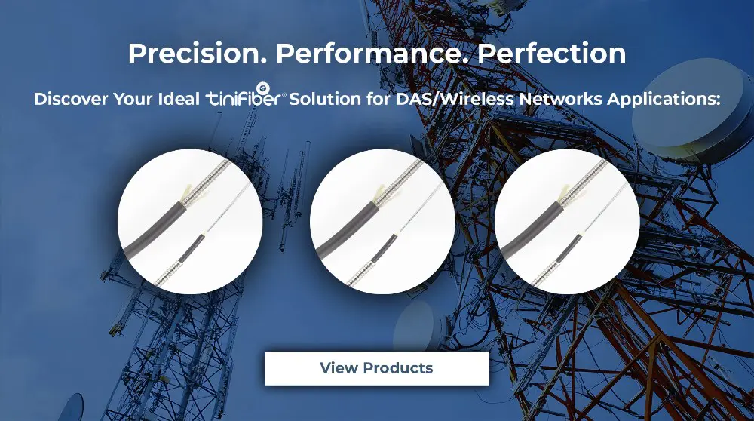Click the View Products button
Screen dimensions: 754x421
click(376, 368)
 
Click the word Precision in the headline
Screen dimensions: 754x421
click(197, 54)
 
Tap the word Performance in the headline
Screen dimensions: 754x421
click(372, 54)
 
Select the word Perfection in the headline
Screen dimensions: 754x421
click(552, 54)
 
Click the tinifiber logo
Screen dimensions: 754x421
click(246, 95)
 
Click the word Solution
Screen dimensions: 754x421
click(325, 99)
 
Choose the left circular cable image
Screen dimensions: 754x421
click(190, 221)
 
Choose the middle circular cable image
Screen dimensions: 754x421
click(382, 221)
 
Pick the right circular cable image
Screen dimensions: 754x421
click(567, 221)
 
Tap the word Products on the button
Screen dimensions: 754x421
click(398, 368)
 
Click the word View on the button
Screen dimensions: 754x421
click(339, 368)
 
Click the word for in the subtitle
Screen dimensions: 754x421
click(379, 99)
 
